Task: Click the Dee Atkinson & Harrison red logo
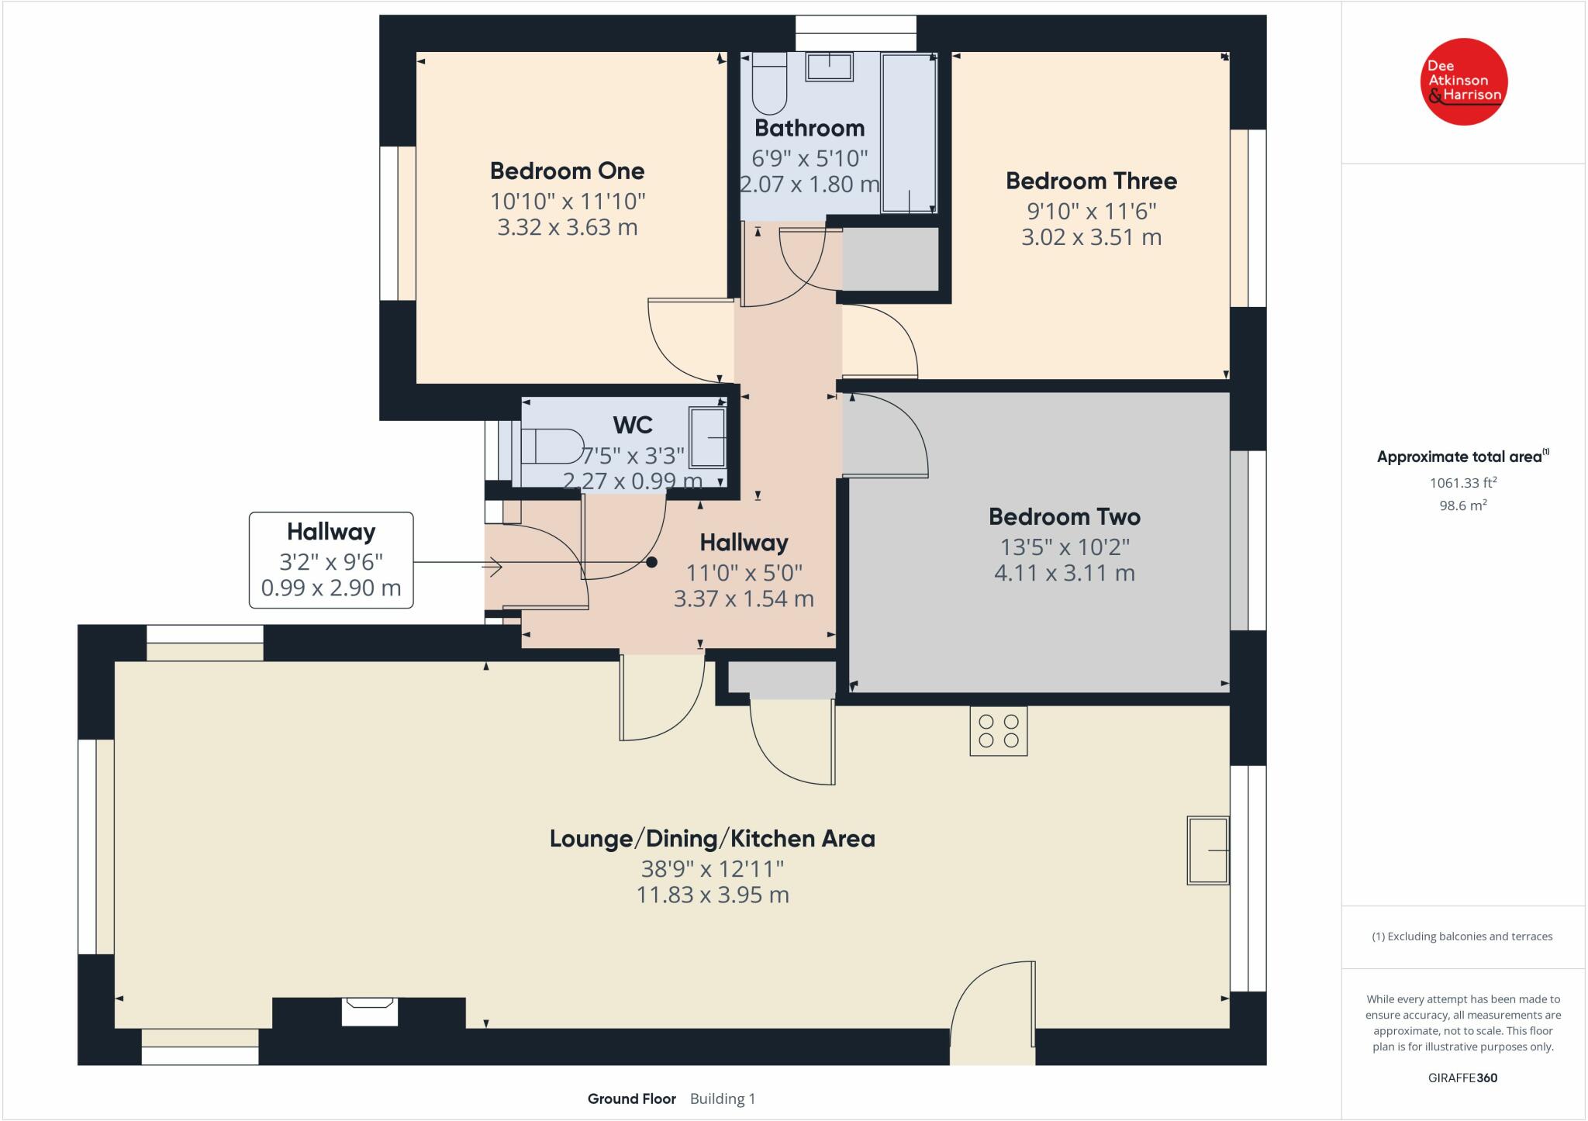[x=1463, y=81]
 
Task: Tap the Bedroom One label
[x=568, y=171]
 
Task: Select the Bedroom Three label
[x=1091, y=181]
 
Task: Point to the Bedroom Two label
[x=1065, y=516]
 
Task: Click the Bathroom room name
[x=810, y=127]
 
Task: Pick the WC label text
[x=633, y=425]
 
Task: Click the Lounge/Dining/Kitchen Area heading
[x=713, y=838]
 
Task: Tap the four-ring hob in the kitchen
[x=999, y=730]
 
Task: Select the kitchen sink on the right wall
[x=1208, y=850]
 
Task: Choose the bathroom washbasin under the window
[x=830, y=67]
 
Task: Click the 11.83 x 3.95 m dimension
[x=713, y=895]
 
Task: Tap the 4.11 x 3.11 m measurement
[x=1065, y=573]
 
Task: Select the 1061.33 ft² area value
[x=1463, y=482]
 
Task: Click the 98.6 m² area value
[x=1463, y=505]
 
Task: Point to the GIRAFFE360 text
[x=1463, y=1078]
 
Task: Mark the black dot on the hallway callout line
[x=652, y=562]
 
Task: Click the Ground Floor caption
[x=632, y=1099]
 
